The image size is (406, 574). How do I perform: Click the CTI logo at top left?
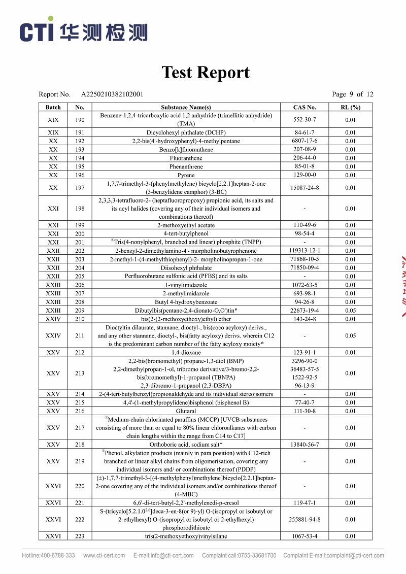[x=84, y=31]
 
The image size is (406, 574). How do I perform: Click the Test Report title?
[x=206, y=73]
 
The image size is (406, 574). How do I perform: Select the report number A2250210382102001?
[x=112, y=94]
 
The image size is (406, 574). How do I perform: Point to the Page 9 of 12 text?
[x=352, y=94]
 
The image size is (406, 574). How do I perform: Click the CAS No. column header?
[x=304, y=107]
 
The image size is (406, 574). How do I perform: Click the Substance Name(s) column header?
[x=186, y=107]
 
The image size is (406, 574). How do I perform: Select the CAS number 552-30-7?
[x=304, y=120]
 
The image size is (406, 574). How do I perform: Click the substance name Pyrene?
[x=186, y=175]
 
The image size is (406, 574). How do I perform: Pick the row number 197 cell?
[x=80, y=188]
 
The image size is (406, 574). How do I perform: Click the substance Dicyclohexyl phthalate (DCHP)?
[x=186, y=132]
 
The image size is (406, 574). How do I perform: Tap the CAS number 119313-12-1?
[x=304, y=251]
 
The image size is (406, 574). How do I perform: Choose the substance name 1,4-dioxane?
[x=186, y=352]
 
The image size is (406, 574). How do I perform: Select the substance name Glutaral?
[x=186, y=411]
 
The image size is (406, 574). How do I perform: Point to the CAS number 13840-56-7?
[x=304, y=445]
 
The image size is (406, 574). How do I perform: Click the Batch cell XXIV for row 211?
[x=53, y=335]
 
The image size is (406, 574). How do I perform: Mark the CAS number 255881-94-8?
[x=304, y=519]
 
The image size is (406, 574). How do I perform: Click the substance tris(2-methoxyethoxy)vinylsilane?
[x=186, y=536]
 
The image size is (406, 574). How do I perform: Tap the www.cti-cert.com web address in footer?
[x=104, y=555]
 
